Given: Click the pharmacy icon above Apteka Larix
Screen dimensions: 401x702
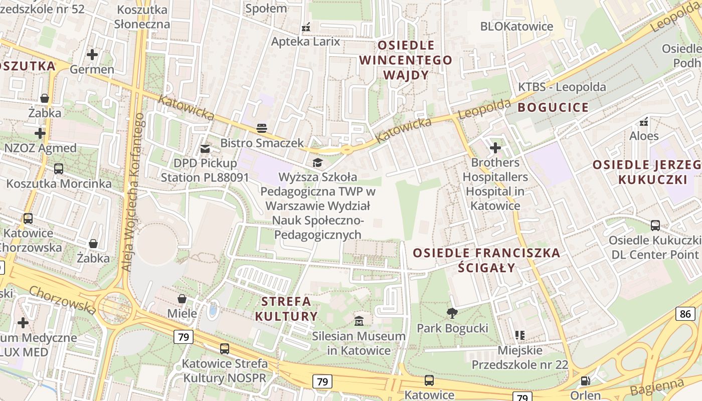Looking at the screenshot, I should tap(305, 27).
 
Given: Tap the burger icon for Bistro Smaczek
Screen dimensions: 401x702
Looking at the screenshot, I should tap(262, 128).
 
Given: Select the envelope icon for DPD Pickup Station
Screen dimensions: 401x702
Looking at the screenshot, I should tap(205, 148).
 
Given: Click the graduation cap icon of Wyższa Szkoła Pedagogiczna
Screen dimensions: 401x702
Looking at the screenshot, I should tap(317, 162).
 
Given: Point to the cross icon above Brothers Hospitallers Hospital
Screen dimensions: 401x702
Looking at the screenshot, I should tap(495, 148).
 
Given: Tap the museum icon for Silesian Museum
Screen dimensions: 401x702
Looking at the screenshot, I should tap(359, 321).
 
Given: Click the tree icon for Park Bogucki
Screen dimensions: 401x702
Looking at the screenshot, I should tap(452, 313).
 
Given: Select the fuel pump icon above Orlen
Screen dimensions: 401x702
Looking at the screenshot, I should tap(585, 381).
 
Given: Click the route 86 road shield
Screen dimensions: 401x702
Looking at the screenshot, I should tap(685, 314).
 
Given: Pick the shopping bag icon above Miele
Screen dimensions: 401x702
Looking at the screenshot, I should tap(182, 299).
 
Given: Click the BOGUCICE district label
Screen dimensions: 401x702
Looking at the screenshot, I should tap(553, 107).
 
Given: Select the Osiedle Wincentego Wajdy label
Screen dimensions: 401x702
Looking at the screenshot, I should tap(406, 60).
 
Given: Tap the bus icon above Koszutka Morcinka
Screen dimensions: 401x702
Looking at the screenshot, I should tap(59, 168).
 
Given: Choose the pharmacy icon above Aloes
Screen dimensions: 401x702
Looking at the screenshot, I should tap(644, 121).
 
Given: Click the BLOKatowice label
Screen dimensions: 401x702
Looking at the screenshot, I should tap(516, 27).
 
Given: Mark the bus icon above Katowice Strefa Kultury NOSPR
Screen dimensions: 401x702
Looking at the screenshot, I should tap(225, 348).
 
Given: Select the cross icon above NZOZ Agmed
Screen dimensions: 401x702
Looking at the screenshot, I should tap(40, 133).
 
